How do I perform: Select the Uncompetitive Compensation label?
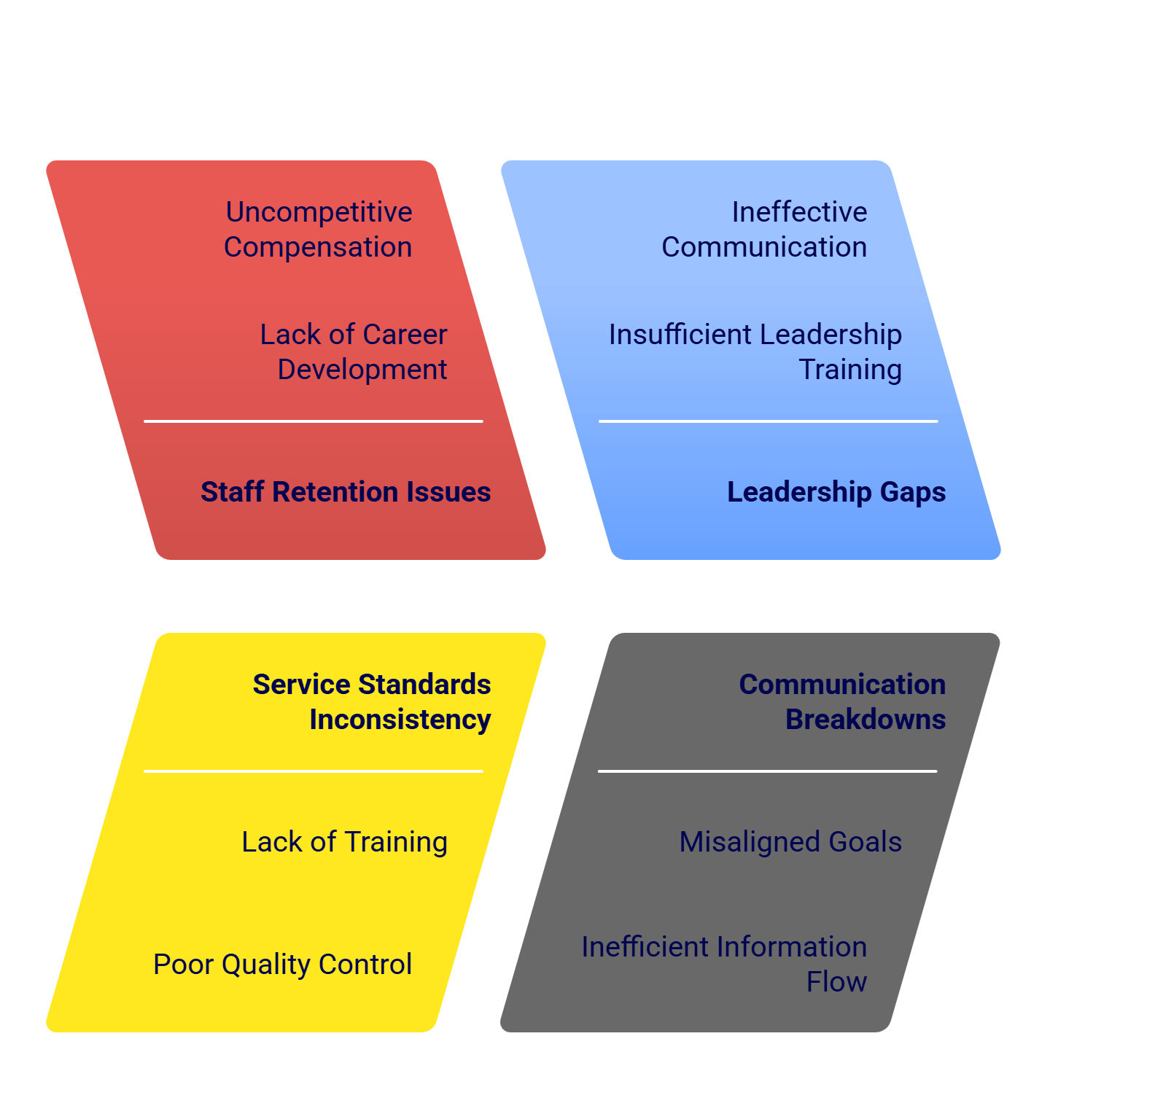click(x=318, y=229)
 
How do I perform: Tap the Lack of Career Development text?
click(x=354, y=351)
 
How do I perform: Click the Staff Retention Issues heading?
click(x=346, y=492)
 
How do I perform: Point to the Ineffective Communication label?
click(x=764, y=229)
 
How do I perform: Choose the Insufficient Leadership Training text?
click(x=755, y=351)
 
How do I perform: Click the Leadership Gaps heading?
click(x=836, y=492)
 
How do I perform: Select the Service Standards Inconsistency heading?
click(x=372, y=701)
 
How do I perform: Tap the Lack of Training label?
click(x=345, y=842)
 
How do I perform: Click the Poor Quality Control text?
click(x=283, y=965)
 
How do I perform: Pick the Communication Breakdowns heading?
click(x=843, y=701)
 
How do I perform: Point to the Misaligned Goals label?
click(x=790, y=842)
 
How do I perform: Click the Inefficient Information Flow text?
click(x=724, y=964)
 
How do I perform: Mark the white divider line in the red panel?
click(x=314, y=421)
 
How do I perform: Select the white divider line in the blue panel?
click(x=768, y=421)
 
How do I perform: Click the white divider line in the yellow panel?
click(x=314, y=771)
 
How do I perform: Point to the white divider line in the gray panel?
click(x=767, y=771)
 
